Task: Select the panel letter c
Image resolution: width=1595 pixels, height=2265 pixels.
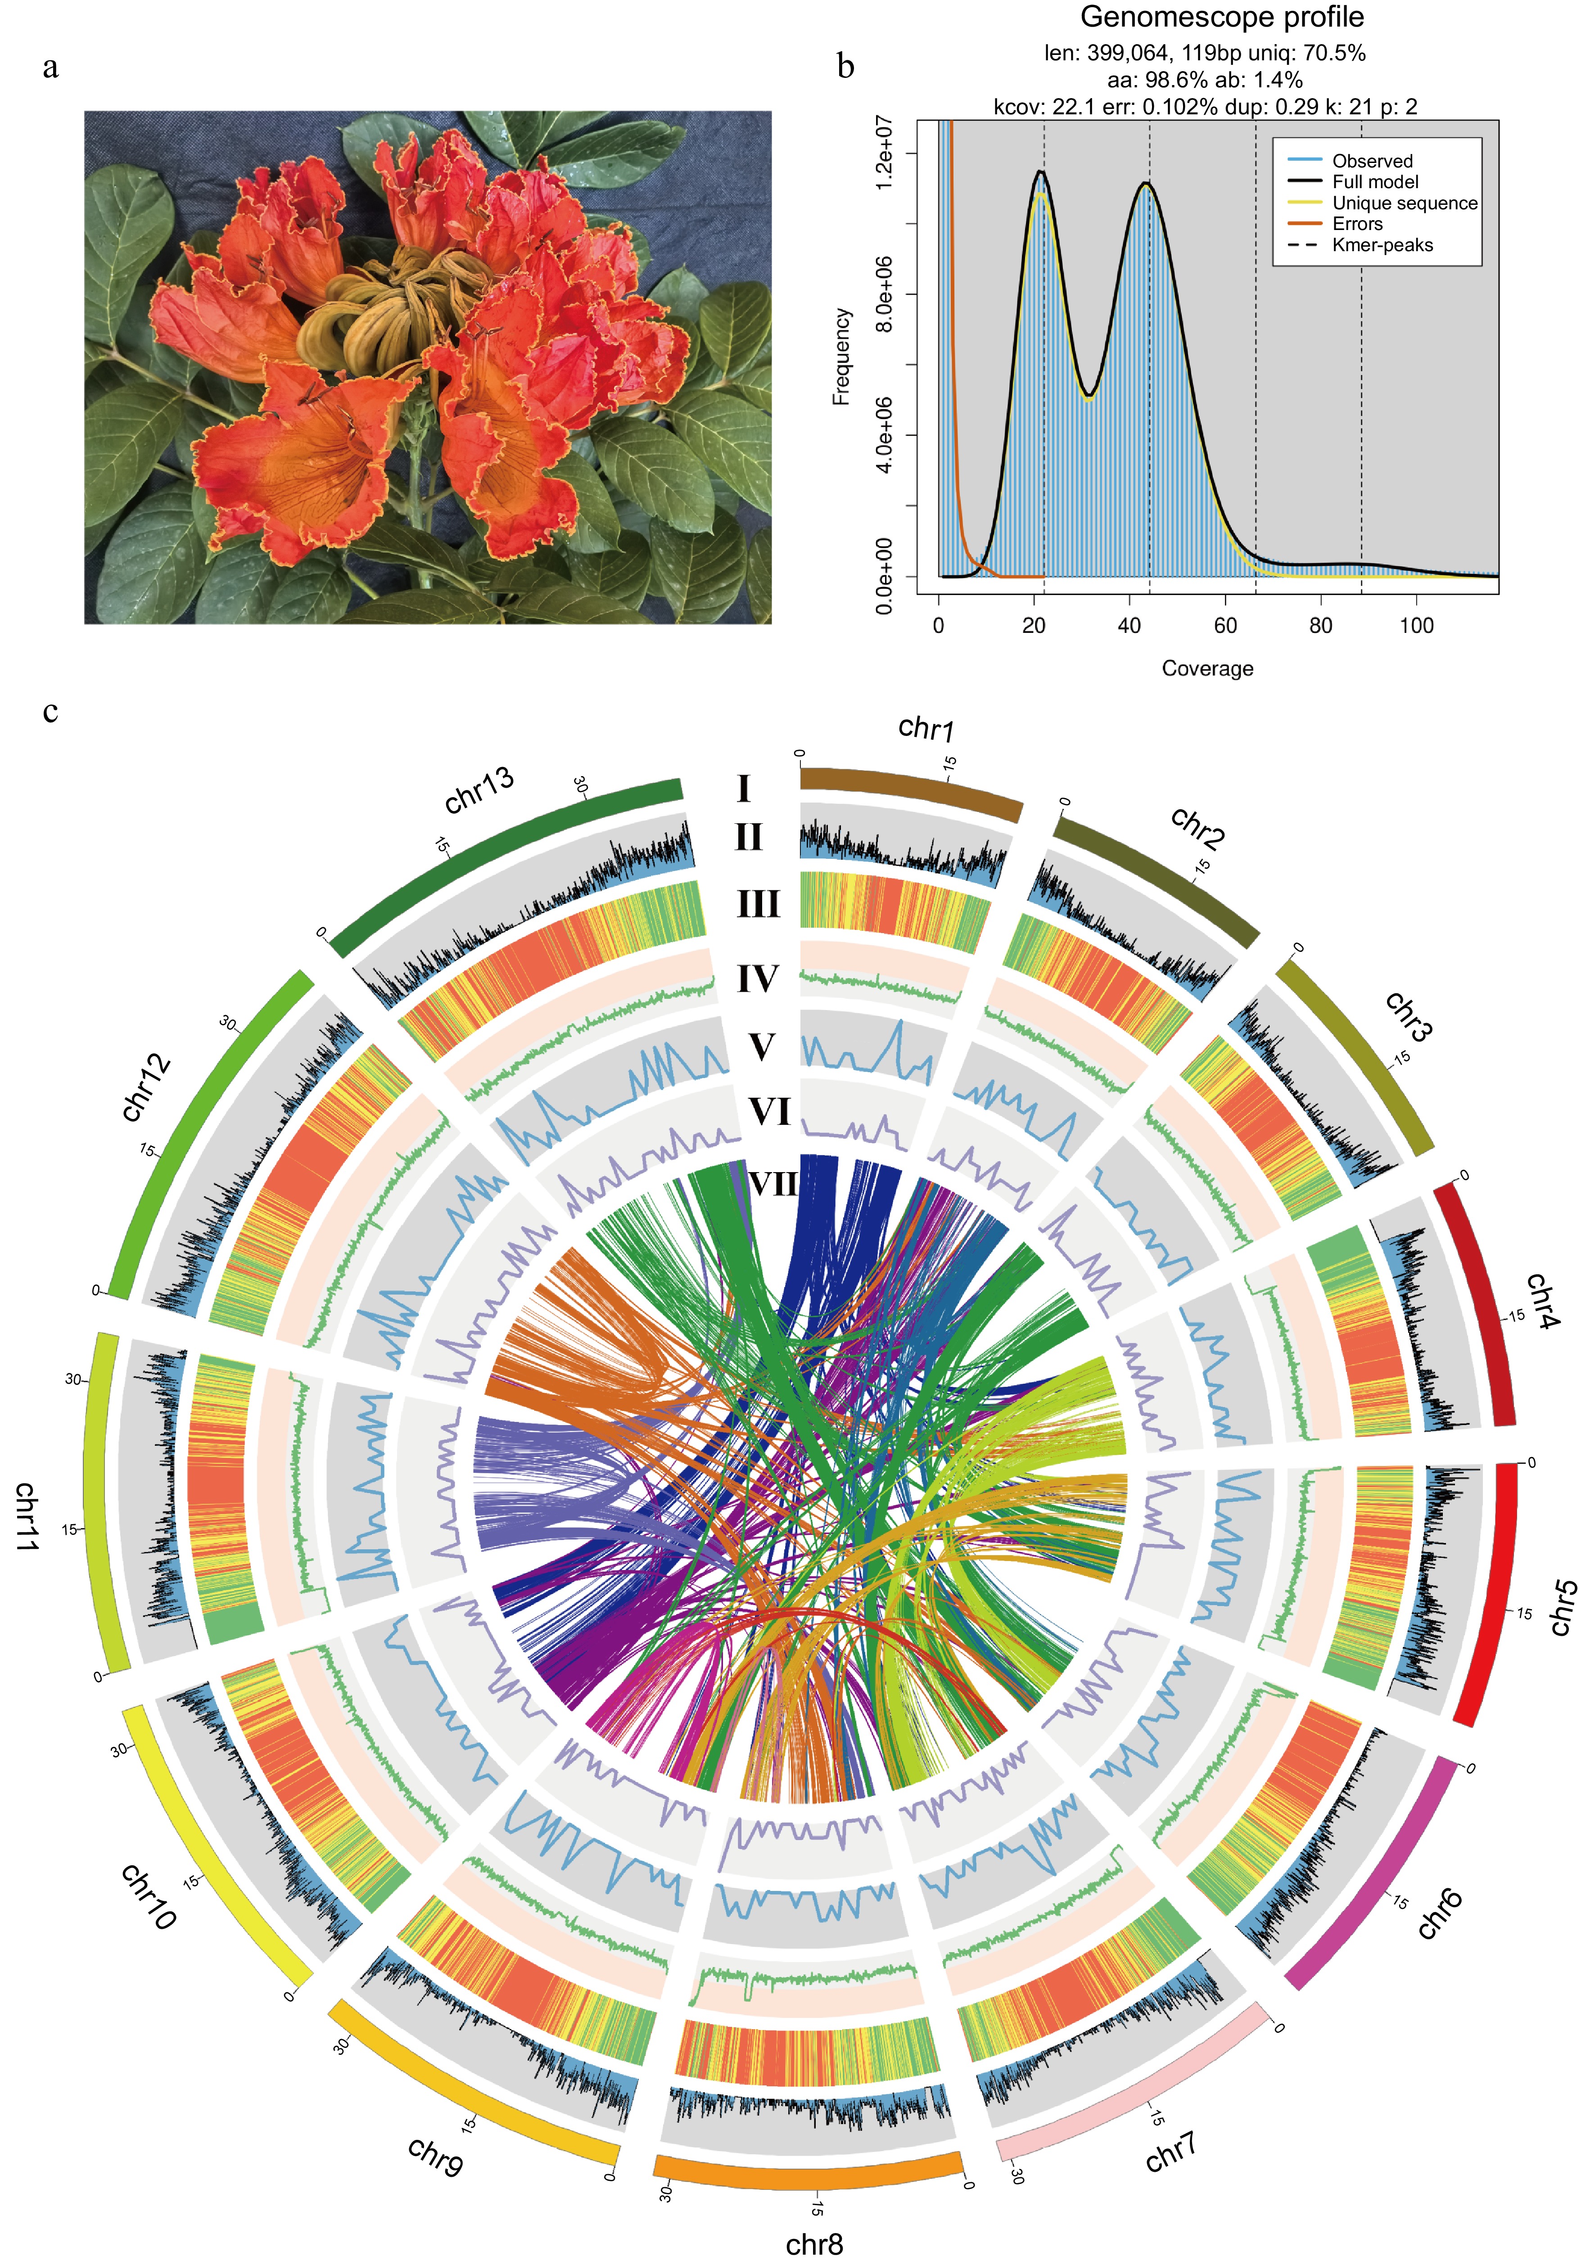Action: coord(50,710)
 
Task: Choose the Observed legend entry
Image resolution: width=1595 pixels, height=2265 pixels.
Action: coord(1372,161)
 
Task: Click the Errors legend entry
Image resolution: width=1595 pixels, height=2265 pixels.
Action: coord(1357,224)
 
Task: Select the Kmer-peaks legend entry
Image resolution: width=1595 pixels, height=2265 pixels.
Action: coord(1382,245)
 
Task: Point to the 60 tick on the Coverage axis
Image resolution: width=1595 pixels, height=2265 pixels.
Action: coord(1225,625)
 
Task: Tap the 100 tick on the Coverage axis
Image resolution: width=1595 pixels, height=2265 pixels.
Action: coord(1416,625)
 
